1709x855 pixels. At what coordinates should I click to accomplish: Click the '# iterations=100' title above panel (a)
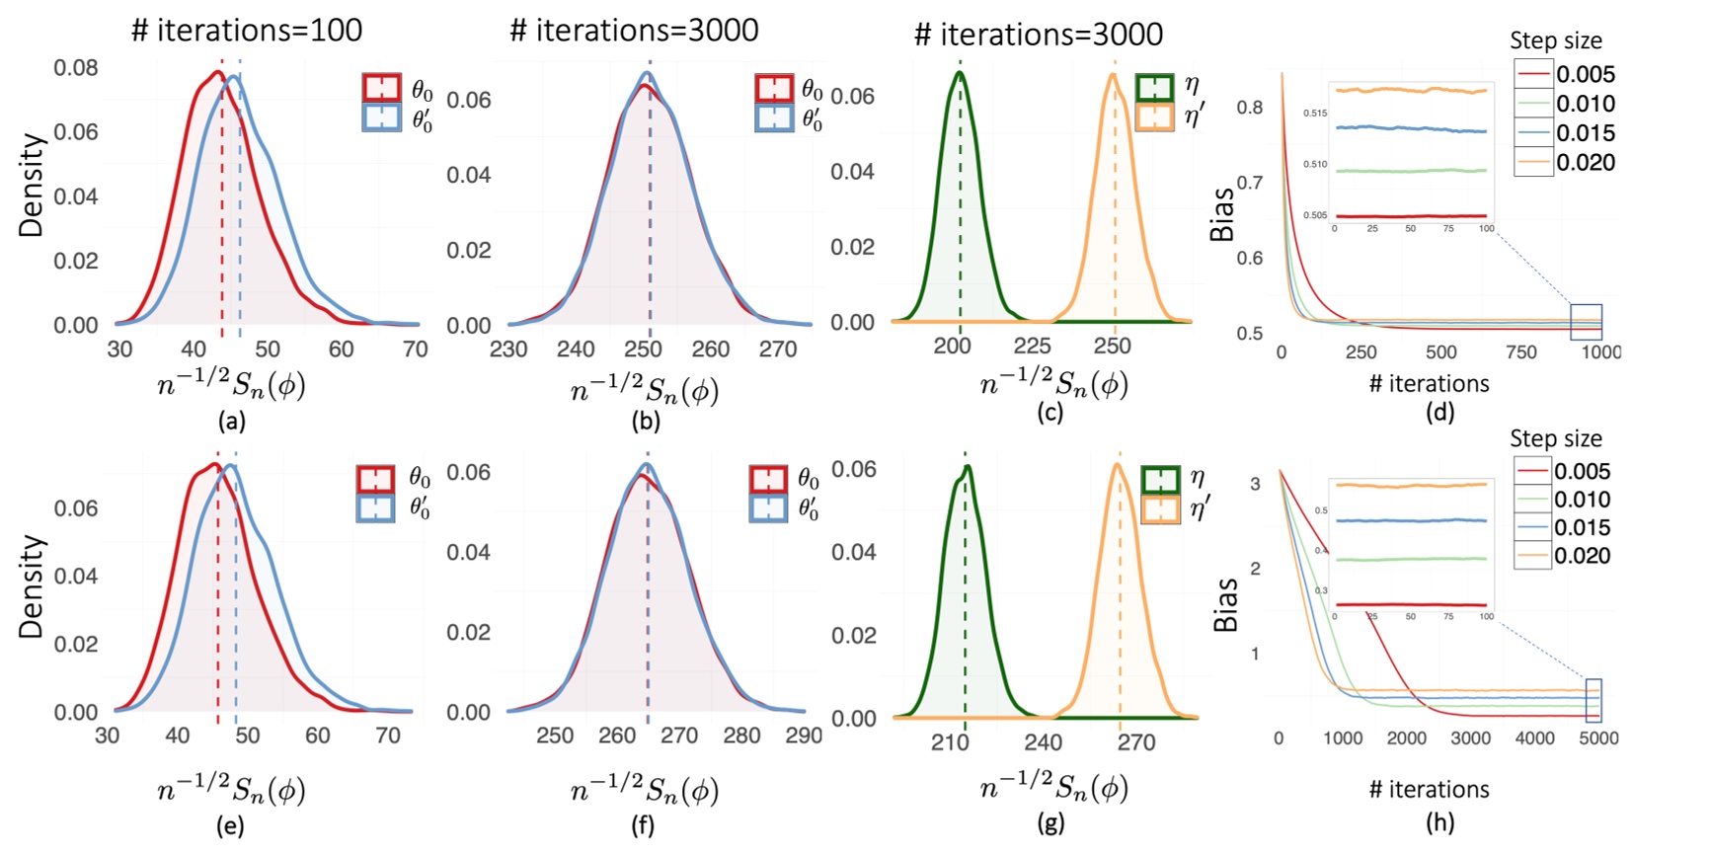pyautogui.click(x=247, y=30)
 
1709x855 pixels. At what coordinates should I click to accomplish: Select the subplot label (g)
pyautogui.click(x=1049, y=822)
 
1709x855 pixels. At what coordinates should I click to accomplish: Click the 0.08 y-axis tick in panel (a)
pyautogui.click(x=76, y=68)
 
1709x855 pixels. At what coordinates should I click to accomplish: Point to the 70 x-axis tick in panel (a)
pyautogui.click(x=416, y=350)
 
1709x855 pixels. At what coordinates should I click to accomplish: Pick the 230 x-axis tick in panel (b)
pyautogui.click(x=508, y=350)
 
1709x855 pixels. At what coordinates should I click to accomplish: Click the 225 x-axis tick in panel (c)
pyautogui.click(x=1032, y=346)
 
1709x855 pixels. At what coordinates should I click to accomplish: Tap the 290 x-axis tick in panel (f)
pyautogui.click(x=804, y=736)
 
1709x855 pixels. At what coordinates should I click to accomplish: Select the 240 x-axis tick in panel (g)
pyautogui.click(x=1043, y=742)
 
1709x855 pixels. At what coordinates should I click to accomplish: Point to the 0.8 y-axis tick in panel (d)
pyautogui.click(x=1250, y=107)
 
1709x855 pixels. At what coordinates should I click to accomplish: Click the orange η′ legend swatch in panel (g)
pyautogui.click(x=1160, y=509)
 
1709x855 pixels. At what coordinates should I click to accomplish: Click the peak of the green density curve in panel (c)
pyautogui.click(x=959, y=71)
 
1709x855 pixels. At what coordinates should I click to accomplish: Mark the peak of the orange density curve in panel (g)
pyautogui.click(x=1119, y=464)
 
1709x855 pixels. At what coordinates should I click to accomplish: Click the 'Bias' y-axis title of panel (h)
pyautogui.click(x=1225, y=604)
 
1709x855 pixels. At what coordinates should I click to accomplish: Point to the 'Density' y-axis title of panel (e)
pyautogui.click(x=32, y=586)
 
